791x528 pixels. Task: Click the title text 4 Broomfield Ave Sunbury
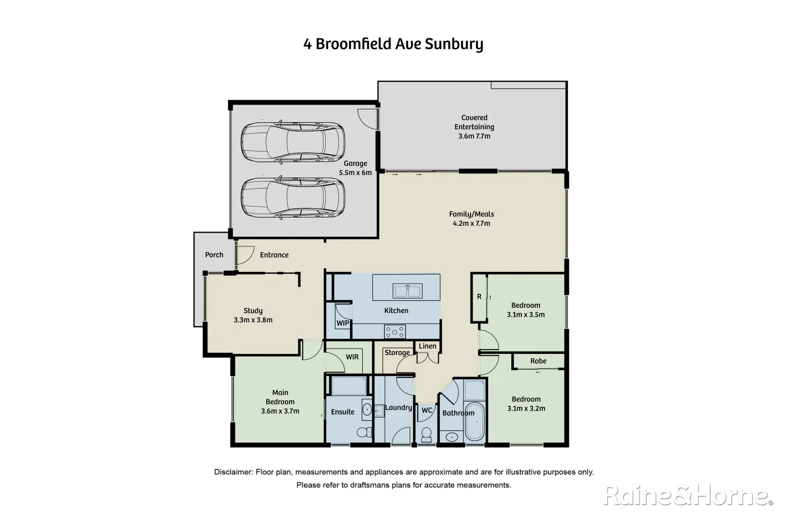(393, 44)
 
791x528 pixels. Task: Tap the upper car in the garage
(293, 143)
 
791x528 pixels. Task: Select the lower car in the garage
(293, 198)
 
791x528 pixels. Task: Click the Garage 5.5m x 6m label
(355, 168)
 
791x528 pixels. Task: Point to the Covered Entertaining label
(474, 127)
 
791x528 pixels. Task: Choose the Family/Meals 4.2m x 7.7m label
(471, 219)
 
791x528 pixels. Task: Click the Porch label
(214, 255)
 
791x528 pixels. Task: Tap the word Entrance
(274, 255)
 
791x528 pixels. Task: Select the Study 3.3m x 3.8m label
(253, 315)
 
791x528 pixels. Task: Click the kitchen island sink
(408, 291)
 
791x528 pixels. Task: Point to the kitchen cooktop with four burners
(395, 332)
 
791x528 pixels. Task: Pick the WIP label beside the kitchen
(343, 323)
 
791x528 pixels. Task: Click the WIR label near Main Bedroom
(352, 357)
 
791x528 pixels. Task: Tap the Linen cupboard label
(427, 346)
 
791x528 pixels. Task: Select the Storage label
(397, 352)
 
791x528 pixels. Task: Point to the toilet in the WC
(427, 434)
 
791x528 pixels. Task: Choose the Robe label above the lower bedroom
(538, 361)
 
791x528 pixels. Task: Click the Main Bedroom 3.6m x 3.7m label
(280, 402)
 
